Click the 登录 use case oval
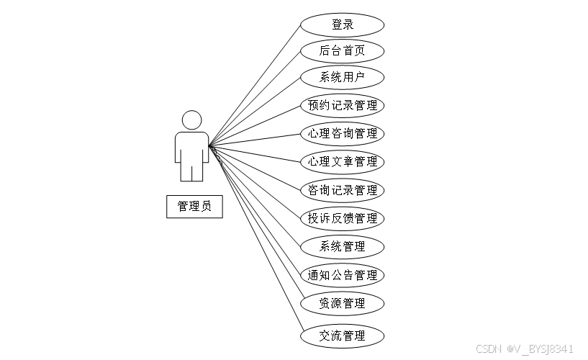click(342, 25)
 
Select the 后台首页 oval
click(342, 51)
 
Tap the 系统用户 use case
click(342, 77)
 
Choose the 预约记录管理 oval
click(342, 106)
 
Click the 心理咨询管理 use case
click(342, 133)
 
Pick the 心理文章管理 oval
click(342, 161)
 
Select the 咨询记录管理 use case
click(342, 190)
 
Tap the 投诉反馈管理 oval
click(342, 218)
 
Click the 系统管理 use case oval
click(342, 246)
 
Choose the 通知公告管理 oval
click(342, 275)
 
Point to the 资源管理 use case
click(342, 303)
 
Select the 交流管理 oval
click(342, 336)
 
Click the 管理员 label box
click(194, 207)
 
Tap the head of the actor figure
click(191, 120)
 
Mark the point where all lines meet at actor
click(209, 145)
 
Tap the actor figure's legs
click(191, 171)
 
